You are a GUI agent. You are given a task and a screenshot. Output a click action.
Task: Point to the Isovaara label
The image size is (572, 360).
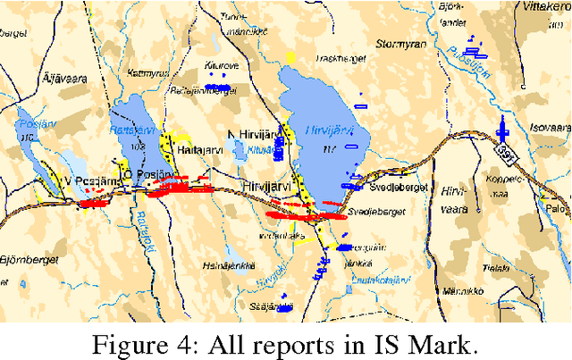[545, 125]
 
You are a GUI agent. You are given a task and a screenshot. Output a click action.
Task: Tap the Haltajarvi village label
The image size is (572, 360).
[199, 153]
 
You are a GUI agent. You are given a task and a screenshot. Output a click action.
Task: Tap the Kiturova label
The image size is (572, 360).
[220, 65]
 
